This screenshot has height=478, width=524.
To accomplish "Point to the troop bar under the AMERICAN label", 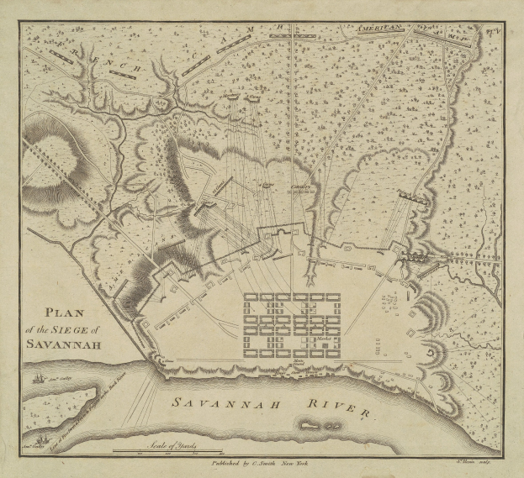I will click(x=383, y=37).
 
